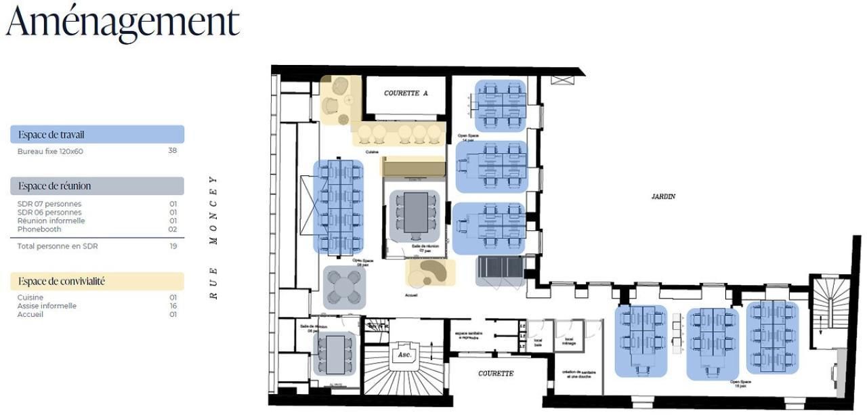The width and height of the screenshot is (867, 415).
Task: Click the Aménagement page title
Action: pos(123,22)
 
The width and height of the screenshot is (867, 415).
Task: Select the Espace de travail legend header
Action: pos(51,135)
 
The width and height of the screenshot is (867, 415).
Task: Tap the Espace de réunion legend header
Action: pos(55,186)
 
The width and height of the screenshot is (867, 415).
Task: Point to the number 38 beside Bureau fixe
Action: pos(172,151)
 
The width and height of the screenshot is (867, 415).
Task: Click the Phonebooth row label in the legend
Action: pos(39,230)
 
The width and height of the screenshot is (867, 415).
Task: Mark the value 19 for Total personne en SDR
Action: pos(173,246)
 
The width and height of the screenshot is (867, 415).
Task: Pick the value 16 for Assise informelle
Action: pos(173,306)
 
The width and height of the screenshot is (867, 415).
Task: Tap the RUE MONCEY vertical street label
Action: pos(213,237)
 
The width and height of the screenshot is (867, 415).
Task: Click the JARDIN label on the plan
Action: pos(663,196)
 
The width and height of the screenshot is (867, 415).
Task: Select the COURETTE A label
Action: pos(406,93)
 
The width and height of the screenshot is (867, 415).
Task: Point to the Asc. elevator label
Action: pos(404,354)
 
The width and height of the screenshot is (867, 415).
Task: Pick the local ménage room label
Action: pos(569,341)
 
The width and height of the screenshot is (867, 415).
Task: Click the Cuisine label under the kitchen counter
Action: pos(372,152)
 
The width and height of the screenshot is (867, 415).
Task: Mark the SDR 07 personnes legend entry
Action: pos(49,204)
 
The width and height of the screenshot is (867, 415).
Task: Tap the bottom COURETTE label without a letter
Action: pos(496,374)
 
